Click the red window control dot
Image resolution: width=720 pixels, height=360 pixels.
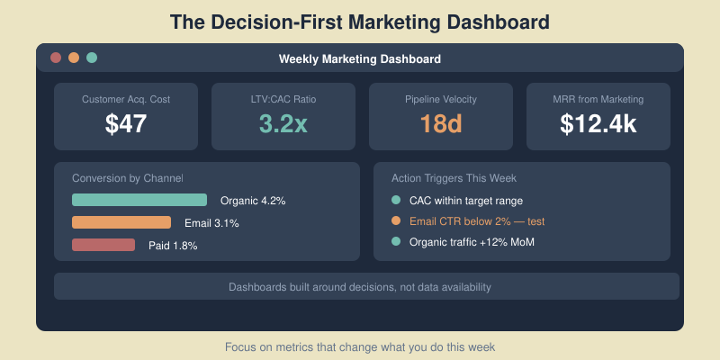(56, 58)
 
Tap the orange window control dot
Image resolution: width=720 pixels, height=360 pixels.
(74, 58)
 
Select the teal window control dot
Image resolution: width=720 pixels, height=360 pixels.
(92, 58)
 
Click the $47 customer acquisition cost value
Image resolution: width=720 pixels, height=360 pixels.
(126, 124)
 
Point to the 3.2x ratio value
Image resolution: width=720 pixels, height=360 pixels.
(283, 124)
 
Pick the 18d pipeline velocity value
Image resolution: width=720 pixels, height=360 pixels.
(441, 124)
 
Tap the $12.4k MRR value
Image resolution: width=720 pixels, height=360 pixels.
(598, 124)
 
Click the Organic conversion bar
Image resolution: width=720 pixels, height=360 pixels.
(139, 200)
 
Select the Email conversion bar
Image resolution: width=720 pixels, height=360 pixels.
(121, 222)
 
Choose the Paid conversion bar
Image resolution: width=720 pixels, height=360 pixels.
(103, 245)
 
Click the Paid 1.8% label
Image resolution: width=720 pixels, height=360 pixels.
(173, 246)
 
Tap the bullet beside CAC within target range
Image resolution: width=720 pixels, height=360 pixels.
(396, 200)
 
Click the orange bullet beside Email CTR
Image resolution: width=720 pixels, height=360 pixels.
(396, 220)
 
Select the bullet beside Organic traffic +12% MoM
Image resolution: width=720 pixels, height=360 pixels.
(396, 241)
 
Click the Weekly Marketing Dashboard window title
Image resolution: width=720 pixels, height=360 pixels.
(360, 59)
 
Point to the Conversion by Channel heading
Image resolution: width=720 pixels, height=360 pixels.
(127, 178)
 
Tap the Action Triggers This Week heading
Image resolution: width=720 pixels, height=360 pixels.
(454, 178)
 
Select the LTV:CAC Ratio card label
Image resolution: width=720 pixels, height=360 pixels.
(283, 99)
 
